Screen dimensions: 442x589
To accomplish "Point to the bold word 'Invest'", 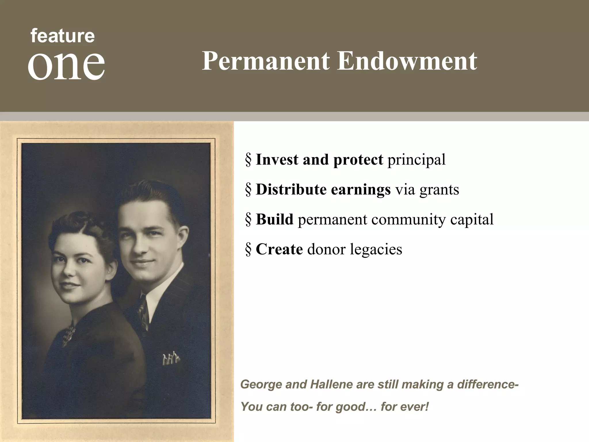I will (277, 160).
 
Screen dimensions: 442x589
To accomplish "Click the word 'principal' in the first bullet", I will (416, 160).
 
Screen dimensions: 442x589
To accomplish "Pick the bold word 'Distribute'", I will (291, 190).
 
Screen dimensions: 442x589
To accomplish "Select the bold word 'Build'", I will (274, 219).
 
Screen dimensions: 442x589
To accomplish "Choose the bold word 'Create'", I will (279, 249).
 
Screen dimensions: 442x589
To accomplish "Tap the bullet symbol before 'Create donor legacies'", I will (248, 249).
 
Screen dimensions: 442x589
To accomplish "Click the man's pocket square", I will (171, 358).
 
